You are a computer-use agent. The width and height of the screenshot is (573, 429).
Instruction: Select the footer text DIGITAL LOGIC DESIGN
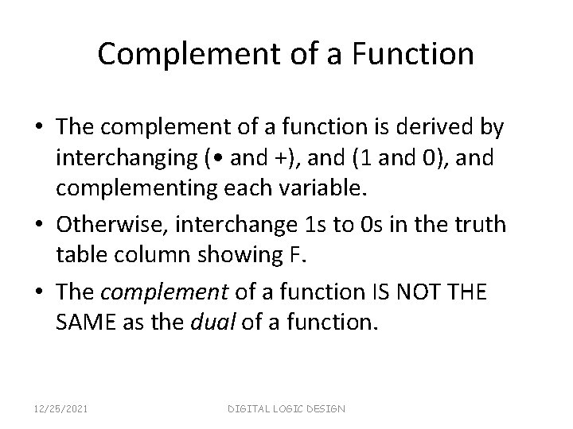[287, 408]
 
